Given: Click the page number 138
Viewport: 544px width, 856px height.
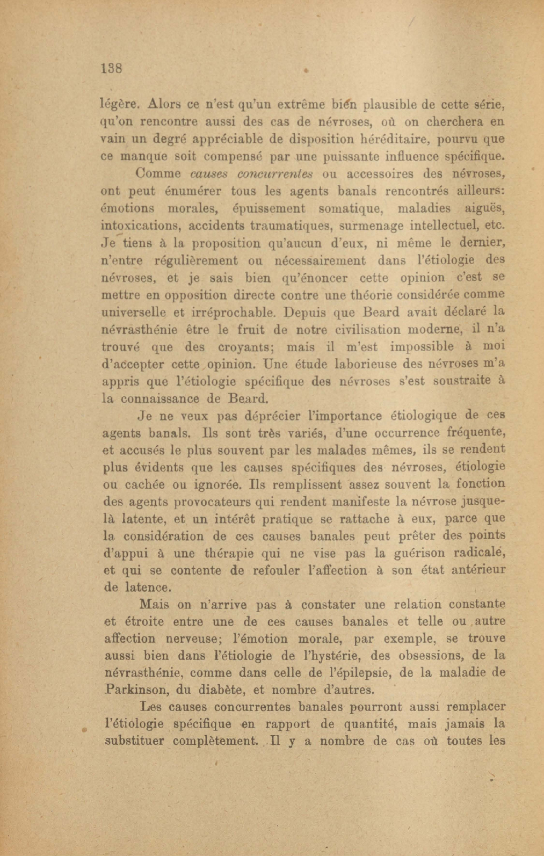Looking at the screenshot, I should (112, 68).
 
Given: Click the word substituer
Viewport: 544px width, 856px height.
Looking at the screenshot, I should (134, 742).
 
